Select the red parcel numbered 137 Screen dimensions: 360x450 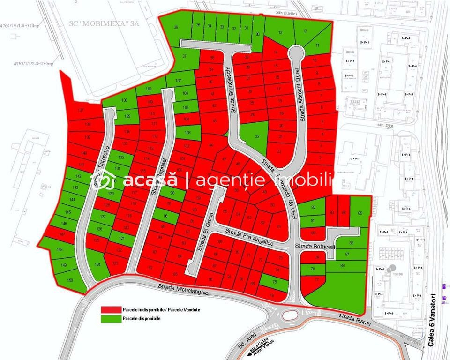click(x=81, y=111)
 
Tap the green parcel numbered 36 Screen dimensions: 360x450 click(x=176, y=28)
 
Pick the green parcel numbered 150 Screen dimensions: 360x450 click(x=70, y=280)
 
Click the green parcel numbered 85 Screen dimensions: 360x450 click(x=360, y=213)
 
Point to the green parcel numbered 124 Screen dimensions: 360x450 click(x=97, y=265)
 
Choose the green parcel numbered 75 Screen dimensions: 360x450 click(x=274, y=282)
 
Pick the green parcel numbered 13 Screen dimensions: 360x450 click(x=280, y=33)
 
